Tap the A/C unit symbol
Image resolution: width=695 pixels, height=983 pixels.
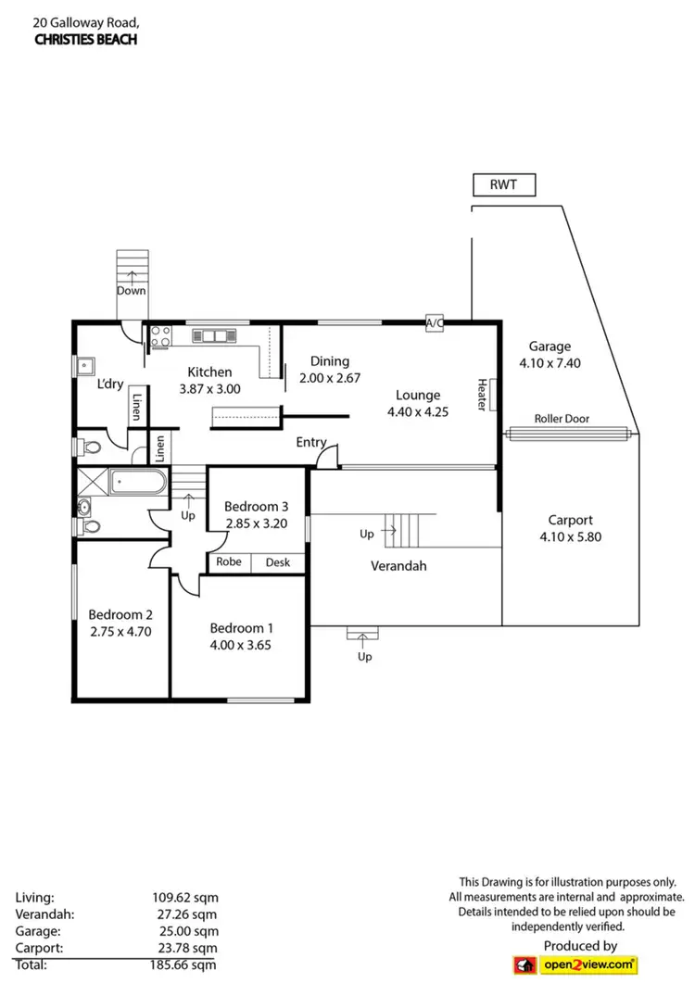[434, 322]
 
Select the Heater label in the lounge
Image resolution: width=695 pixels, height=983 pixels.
[483, 394]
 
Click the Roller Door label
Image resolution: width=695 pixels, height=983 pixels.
[562, 419]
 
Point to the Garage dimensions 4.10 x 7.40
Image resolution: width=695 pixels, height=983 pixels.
[550, 363]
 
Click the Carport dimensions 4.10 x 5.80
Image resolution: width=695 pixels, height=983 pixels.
[571, 536]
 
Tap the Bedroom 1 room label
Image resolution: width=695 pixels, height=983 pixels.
[239, 626]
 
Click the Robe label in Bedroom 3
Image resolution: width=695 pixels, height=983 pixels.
[229, 561]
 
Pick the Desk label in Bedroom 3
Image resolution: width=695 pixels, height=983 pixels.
[277, 561]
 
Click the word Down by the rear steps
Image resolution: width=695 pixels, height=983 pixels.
[132, 290]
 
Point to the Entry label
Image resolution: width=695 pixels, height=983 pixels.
[311, 442]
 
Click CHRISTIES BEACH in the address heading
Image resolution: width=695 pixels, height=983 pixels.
[86, 39]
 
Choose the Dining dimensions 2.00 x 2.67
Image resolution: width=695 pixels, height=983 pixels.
[329, 378]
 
